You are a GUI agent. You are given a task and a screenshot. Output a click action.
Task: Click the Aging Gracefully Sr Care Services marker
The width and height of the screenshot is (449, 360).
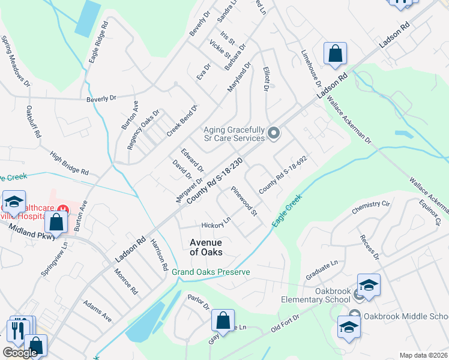point(274,133)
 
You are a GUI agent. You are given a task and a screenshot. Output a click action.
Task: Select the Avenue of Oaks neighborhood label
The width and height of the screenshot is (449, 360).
point(206,247)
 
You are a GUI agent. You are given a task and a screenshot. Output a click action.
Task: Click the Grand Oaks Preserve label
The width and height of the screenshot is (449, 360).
point(210,272)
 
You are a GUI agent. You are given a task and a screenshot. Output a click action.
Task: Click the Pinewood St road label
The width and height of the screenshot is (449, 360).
point(244,201)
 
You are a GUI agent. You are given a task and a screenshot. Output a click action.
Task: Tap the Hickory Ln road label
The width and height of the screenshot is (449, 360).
point(217,225)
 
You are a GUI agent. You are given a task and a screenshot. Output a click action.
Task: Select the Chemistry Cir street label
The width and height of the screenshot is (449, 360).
point(371,205)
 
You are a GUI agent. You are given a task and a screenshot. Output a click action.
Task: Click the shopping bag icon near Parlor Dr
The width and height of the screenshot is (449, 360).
point(223,321)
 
